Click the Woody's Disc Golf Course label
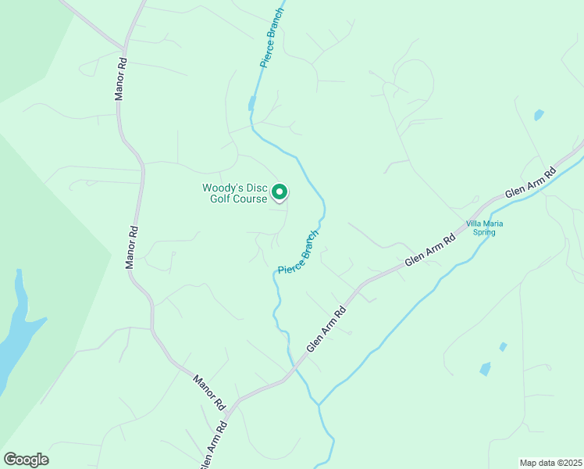pyautogui.click(x=234, y=193)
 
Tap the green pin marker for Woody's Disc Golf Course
pyautogui.click(x=280, y=192)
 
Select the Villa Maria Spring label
pyautogui.click(x=484, y=227)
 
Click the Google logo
pyautogui.click(x=26, y=460)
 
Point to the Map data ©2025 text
pyautogui.click(x=550, y=463)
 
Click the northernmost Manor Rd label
pyautogui.click(x=120, y=78)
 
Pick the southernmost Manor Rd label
pyautogui.click(x=208, y=392)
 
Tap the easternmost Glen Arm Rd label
pyautogui.click(x=530, y=183)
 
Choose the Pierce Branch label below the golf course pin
pyautogui.click(x=299, y=252)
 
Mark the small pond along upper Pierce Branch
pyautogui.click(x=251, y=104)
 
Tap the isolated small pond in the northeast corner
pyautogui.click(x=538, y=115)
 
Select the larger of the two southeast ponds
pyautogui.click(x=485, y=369)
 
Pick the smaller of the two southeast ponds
pyautogui.click(x=503, y=346)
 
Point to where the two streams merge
pyautogui.click(x=319, y=405)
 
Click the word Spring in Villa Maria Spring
pyautogui.click(x=485, y=232)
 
